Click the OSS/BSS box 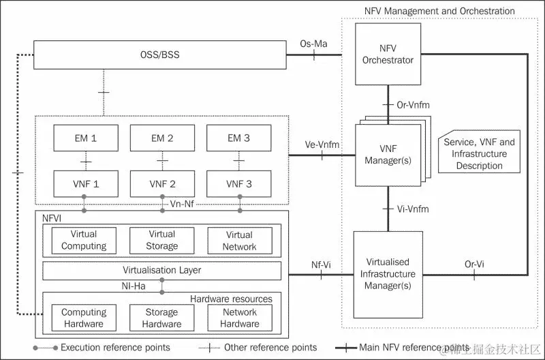tap(161, 55)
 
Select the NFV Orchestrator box tap(388, 54)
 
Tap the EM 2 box tap(161, 138)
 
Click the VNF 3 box tap(238, 183)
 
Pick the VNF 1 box tap(85, 183)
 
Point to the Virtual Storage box tap(161, 240)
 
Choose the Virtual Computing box tap(84, 240)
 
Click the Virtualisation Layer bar tap(161, 270)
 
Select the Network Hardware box tap(239, 318)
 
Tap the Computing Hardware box tap(84, 318)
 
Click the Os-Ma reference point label tap(314, 44)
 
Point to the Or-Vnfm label tap(413, 105)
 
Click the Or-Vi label tap(474, 264)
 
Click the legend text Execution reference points tap(115, 348)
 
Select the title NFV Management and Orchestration tap(439, 11)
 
